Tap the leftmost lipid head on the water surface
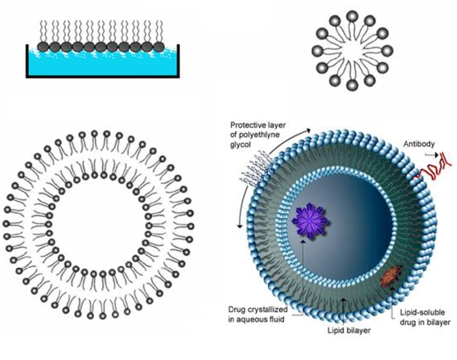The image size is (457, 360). [x=43, y=46]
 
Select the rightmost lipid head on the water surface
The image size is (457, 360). [x=159, y=46]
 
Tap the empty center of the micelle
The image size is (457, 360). [x=352, y=51]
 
